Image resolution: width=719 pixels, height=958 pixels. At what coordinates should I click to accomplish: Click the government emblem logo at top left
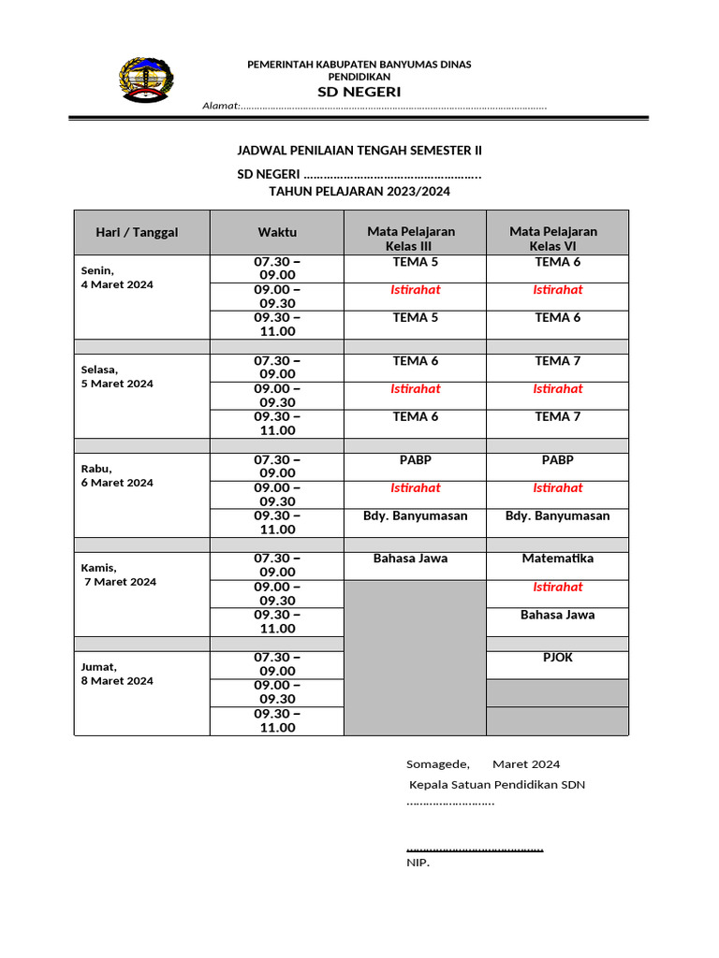145,80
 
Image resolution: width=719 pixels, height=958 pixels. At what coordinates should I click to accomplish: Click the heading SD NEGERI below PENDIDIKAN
359,92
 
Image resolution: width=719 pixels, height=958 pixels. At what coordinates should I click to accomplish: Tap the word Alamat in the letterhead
221,106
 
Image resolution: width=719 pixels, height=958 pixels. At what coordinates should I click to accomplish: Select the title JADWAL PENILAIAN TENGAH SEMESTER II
359,151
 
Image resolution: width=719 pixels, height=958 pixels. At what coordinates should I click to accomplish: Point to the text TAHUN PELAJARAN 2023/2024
359,191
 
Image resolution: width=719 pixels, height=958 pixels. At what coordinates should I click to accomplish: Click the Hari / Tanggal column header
137,232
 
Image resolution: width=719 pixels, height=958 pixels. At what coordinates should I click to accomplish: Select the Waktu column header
277,232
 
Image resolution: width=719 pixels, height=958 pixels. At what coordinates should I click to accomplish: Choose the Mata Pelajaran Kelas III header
411,239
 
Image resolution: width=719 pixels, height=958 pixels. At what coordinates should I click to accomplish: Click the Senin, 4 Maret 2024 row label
117,277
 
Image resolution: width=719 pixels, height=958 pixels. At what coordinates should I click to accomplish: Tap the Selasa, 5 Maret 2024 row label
117,376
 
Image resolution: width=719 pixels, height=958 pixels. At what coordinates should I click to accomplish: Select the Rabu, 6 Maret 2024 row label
117,475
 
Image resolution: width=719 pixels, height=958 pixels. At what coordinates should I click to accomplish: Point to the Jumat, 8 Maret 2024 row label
117,674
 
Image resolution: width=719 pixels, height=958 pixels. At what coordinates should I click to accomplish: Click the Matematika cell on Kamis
557,559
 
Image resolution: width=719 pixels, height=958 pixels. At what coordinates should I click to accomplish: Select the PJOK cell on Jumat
557,658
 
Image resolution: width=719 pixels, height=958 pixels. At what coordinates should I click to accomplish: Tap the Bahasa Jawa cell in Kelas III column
410,559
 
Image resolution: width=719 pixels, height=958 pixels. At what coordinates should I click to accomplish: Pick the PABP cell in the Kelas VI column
557,459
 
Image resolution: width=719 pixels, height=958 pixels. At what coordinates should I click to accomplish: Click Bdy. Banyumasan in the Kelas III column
415,515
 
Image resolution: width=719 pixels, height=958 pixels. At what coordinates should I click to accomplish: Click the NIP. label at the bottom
418,863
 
